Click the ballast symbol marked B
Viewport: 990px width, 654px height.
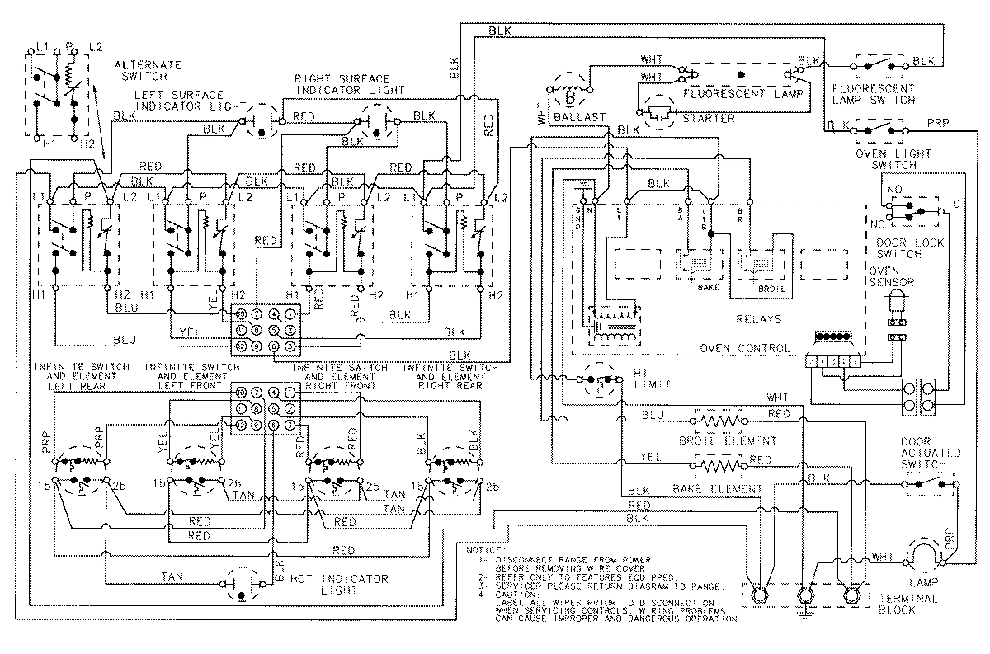coord(569,93)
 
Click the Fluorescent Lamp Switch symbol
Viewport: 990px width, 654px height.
coord(879,63)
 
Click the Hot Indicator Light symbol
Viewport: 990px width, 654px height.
coord(241,582)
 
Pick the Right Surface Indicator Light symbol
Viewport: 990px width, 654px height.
coord(376,122)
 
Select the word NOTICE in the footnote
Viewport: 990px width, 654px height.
coord(483,548)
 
